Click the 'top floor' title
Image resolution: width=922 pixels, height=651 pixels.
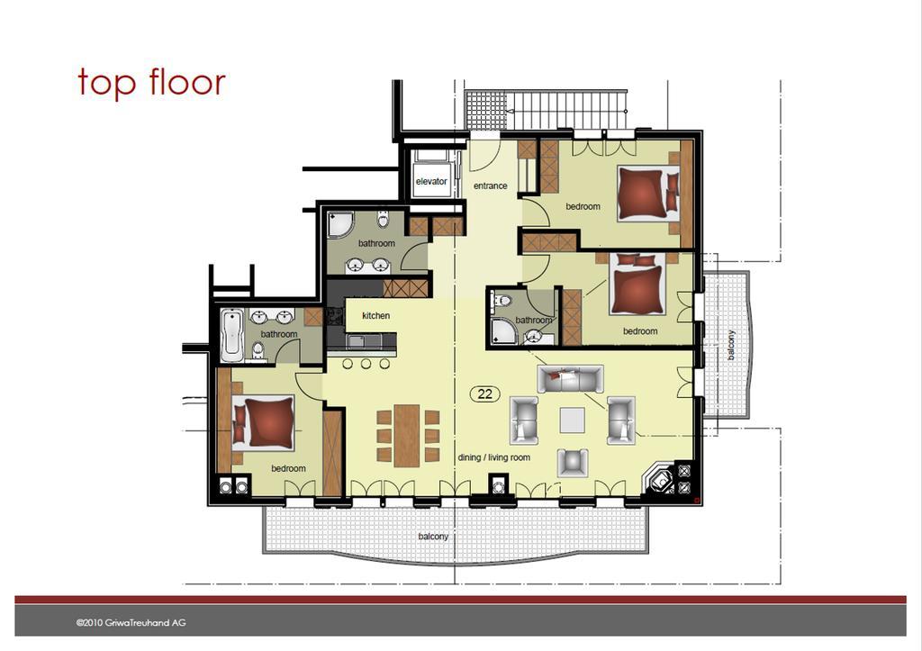click(x=151, y=82)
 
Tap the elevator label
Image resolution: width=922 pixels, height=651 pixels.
click(x=431, y=181)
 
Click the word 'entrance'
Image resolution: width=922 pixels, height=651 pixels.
click(x=491, y=185)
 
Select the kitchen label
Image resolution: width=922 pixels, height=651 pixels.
click(x=375, y=316)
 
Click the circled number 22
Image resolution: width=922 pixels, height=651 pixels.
click(x=485, y=394)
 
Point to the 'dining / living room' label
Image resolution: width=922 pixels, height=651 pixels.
click(x=494, y=457)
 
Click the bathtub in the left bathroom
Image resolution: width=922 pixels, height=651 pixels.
click(x=231, y=335)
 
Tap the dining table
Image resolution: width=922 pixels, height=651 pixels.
click(x=407, y=435)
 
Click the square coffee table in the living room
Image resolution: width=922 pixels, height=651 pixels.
click(x=572, y=420)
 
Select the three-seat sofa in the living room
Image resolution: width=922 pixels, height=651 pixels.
click(x=570, y=379)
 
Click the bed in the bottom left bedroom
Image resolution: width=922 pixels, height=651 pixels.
click(x=264, y=423)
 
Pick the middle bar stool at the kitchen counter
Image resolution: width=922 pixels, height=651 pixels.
click(x=366, y=364)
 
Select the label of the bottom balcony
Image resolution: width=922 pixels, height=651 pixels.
click(x=433, y=537)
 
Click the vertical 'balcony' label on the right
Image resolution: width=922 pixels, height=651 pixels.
click(x=731, y=345)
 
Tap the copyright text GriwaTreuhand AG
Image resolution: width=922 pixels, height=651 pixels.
click(x=131, y=623)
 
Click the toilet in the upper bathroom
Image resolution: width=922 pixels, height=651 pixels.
click(x=384, y=220)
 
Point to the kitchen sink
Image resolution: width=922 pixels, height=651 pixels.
click(x=357, y=340)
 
